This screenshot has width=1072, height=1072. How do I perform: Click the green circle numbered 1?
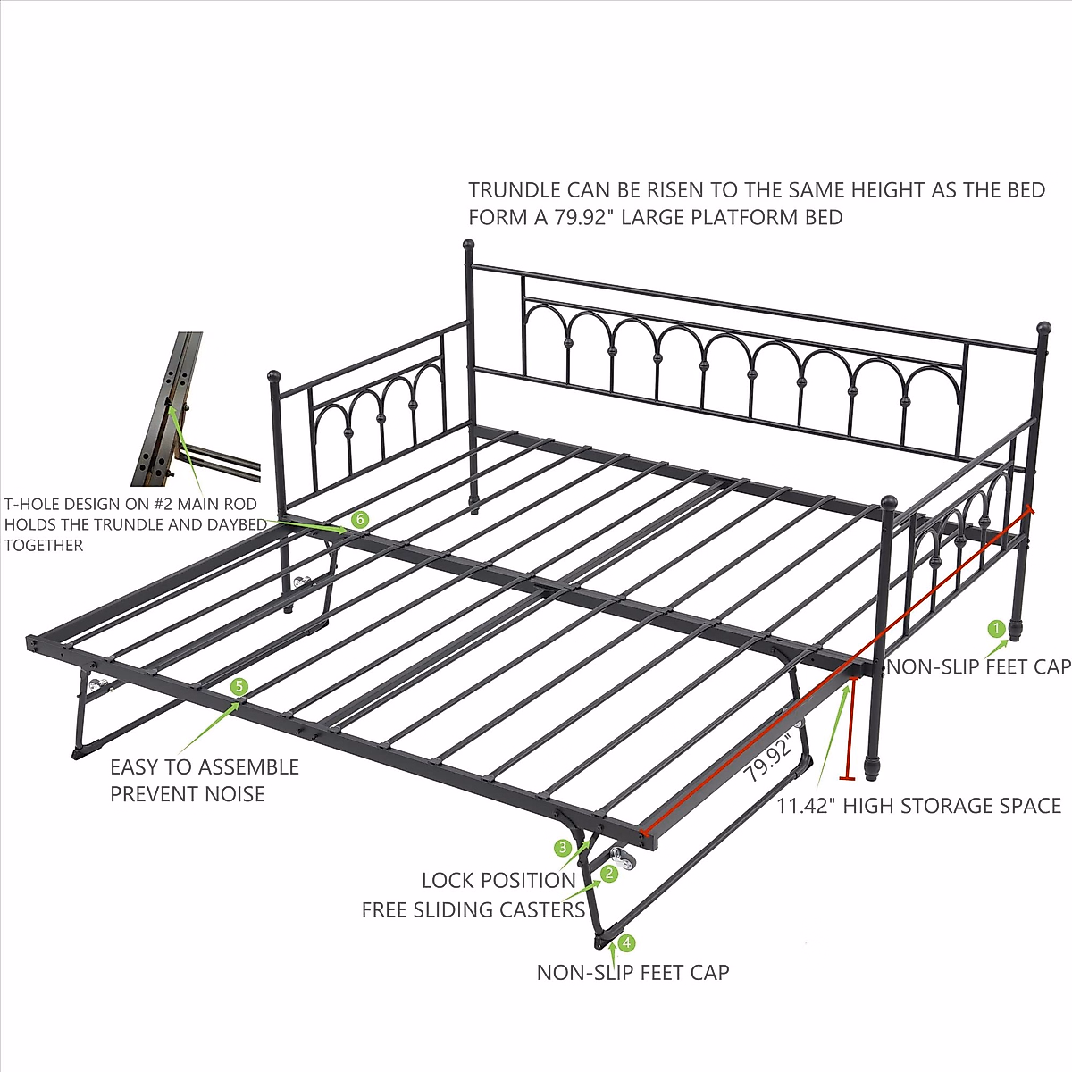tap(996, 629)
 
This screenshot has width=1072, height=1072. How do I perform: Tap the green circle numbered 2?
tap(609, 874)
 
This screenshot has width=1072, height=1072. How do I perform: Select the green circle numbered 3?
tap(563, 847)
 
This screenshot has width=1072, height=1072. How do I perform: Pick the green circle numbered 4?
tap(626, 942)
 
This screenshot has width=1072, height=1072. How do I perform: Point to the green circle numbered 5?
tap(239, 686)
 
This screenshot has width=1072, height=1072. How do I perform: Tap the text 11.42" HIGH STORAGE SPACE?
tap(918, 806)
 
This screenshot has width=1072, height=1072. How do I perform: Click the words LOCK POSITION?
tap(498, 880)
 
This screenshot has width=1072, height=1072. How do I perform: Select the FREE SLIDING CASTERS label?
tap(473, 910)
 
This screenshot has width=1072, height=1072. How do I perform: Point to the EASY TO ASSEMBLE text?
tap(205, 767)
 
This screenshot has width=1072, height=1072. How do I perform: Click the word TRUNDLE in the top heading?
tap(514, 190)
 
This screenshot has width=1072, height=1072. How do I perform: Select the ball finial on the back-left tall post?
tap(467, 244)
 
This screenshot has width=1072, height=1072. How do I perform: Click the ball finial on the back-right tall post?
tap(1043, 328)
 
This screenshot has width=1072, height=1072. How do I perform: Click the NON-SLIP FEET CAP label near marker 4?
tap(632, 973)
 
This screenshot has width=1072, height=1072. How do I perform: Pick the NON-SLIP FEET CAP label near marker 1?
tap(978, 666)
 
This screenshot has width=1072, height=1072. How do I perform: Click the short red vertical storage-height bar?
tap(849, 728)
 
